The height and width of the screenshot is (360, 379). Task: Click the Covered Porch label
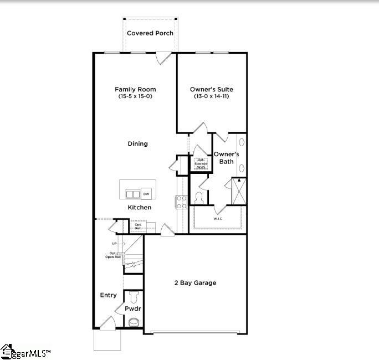pyautogui.click(x=150, y=33)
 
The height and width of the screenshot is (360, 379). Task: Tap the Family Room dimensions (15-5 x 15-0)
pyautogui.click(x=135, y=96)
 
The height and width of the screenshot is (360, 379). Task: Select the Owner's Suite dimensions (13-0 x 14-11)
pyautogui.click(x=211, y=96)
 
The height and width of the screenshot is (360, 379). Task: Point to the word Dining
pyautogui.click(x=138, y=144)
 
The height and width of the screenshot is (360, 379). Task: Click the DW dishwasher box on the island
pyautogui.click(x=146, y=193)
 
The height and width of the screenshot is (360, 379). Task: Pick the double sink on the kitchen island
pyautogui.click(x=133, y=193)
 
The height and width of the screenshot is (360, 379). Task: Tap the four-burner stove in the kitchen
pyautogui.click(x=181, y=202)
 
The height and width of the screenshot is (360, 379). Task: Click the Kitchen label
pyautogui.click(x=139, y=207)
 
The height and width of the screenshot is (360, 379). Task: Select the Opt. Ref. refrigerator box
pyautogui.click(x=137, y=226)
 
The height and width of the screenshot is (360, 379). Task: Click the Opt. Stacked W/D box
pyautogui.click(x=200, y=163)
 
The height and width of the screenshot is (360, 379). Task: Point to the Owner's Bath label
pyautogui.click(x=227, y=158)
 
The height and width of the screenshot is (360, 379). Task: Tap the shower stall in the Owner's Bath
pyautogui.click(x=239, y=191)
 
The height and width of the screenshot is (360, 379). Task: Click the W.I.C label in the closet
pyautogui.click(x=218, y=219)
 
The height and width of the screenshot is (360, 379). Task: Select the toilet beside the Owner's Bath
pyautogui.click(x=199, y=198)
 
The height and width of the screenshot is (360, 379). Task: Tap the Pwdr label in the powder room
pyautogui.click(x=132, y=308)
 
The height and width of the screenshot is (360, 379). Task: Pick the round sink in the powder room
pyautogui.click(x=134, y=322)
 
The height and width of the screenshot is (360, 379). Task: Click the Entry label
pyautogui.click(x=108, y=295)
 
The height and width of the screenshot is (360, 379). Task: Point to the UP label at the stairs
pyautogui.click(x=114, y=244)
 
